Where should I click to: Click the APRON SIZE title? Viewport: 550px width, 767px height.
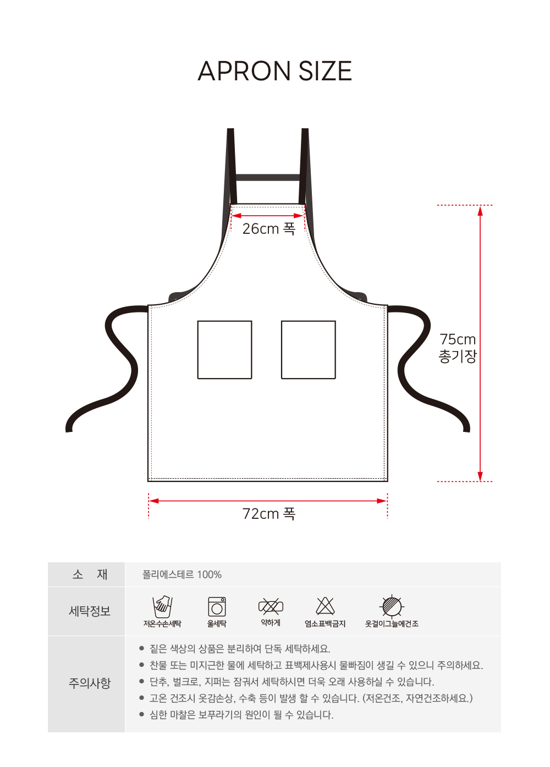click(274, 71)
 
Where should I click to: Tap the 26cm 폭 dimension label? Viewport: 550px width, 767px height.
click(268, 229)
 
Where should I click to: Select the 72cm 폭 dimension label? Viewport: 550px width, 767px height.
click(268, 513)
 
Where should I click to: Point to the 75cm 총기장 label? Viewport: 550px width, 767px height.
click(458, 348)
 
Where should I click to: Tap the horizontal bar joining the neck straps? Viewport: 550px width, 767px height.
click(268, 177)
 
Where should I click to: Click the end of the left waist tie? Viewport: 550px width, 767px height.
click(69, 430)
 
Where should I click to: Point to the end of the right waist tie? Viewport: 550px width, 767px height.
click(466, 430)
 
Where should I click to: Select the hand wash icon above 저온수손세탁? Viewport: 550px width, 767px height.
click(162, 606)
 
